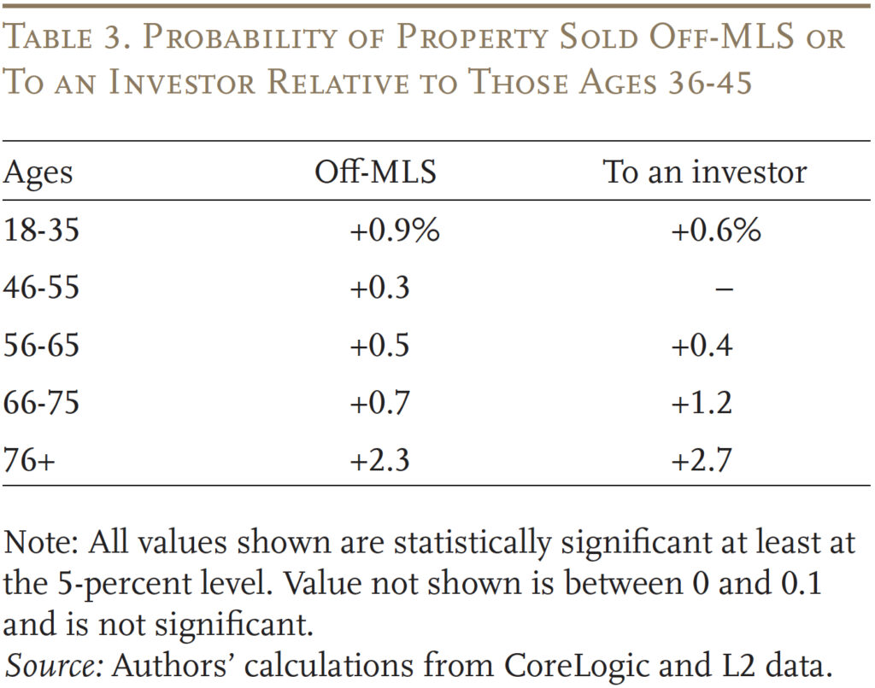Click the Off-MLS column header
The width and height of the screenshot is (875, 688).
click(375, 172)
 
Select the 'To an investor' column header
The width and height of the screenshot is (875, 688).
click(704, 172)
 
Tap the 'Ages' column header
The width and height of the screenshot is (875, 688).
click(38, 174)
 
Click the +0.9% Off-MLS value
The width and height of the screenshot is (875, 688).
click(394, 230)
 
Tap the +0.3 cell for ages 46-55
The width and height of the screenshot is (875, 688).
click(379, 288)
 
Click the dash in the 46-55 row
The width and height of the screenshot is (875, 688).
click(723, 289)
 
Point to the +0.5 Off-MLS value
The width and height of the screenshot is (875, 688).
click(379, 345)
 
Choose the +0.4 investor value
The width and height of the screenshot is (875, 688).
click(701, 345)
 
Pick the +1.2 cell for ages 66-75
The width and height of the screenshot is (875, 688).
click(701, 402)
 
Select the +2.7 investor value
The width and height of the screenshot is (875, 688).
click(701, 459)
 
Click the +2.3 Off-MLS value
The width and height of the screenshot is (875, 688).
click(379, 459)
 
